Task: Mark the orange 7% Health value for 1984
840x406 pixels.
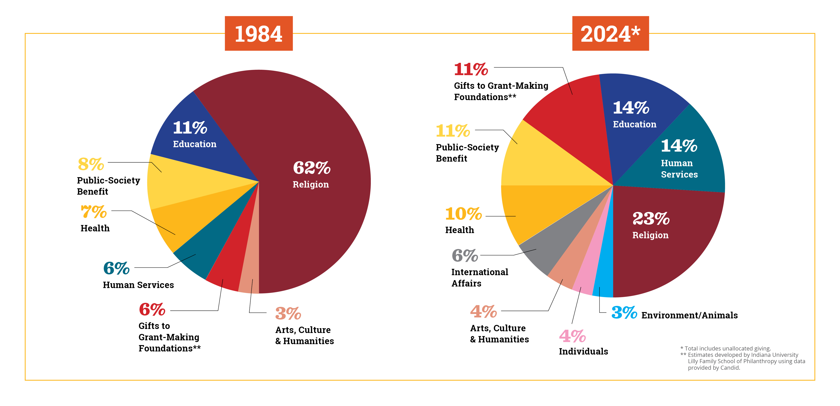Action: click(x=94, y=212)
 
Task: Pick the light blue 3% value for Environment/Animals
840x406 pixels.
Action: click(x=624, y=313)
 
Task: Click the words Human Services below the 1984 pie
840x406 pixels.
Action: click(x=138, y=285)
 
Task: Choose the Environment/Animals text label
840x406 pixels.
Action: click(x=689, y=315)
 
